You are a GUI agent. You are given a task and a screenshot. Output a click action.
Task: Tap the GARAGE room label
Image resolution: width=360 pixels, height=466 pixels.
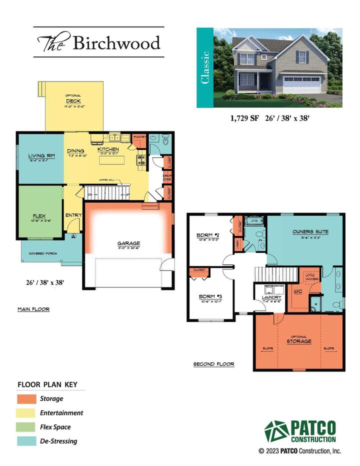(128, 243)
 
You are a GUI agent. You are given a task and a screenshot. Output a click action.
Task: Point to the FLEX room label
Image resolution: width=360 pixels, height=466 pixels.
(39, 216)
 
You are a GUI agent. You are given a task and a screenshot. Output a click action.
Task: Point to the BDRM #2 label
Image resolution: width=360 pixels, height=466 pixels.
(205, 235)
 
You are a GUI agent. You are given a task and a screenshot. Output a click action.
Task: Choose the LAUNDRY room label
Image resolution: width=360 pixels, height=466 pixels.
(268, 297)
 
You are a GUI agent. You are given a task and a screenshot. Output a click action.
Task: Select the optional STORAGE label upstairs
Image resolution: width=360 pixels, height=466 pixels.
(299, 341)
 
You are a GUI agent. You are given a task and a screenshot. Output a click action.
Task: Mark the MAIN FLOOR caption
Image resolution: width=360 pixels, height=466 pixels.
(33, 309)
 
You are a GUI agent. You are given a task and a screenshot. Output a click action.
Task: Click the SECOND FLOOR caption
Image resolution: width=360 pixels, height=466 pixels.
(213, 364)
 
